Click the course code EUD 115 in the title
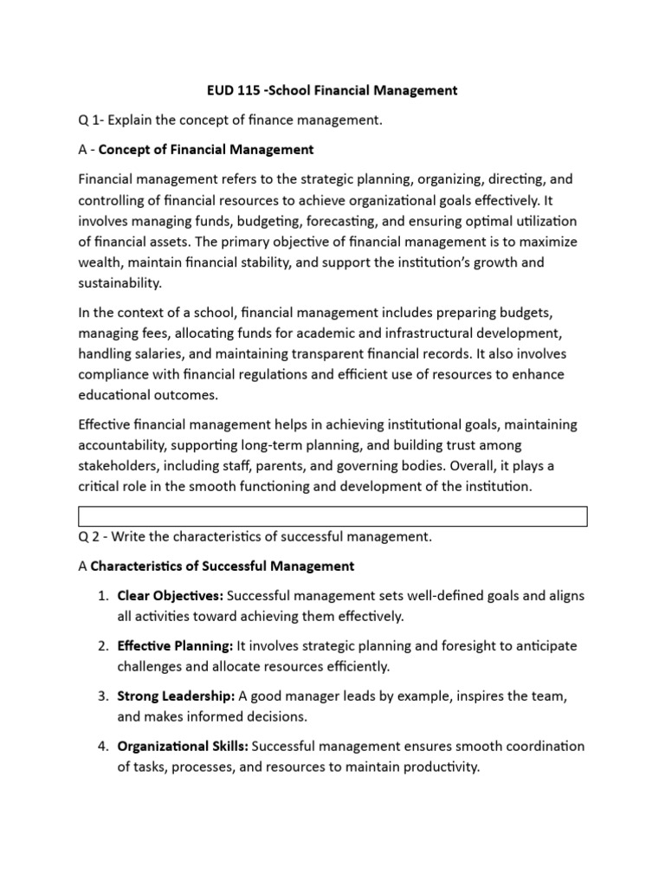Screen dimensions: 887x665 pos(228,90)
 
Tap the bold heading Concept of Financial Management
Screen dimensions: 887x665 pos(206,150)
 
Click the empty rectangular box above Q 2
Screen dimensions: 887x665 pos(332,517)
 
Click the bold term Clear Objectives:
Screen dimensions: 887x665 pos(171,596)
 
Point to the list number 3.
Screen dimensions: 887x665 pos(100,696)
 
